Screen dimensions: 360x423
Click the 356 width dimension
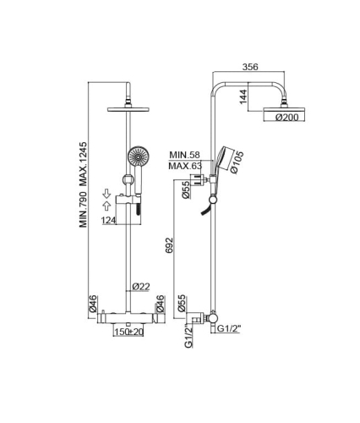[250, 67]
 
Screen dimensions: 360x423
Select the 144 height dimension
[243, 96]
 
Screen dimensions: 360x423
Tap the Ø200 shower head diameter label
[286, 118]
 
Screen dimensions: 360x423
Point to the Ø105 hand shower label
[237, 162]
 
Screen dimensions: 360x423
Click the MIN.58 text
[184, 155]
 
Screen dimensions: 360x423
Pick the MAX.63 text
[185, 166]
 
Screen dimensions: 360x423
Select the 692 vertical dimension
[169, 245]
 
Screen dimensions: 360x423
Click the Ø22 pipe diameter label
[141, 287]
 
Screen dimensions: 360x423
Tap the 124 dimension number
[109, 220]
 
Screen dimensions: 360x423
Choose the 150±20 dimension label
[128, 332]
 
